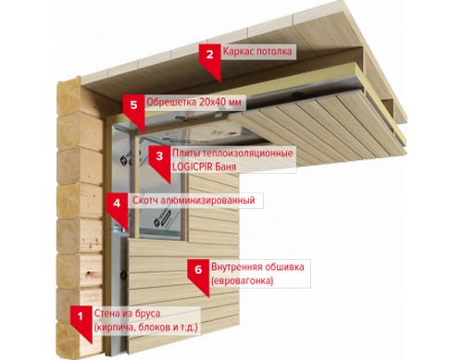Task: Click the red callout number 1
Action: [x=81, y=317]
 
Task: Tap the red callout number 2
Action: [x=210, y=55]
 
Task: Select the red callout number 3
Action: [x=159, y=155]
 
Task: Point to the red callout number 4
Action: [x=117, y=204]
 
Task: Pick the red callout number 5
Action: [x=133, y=105]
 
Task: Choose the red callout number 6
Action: [x=198, y=269]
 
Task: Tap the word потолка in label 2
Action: [x=274, y=51]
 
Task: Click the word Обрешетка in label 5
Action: [x=171, y=102]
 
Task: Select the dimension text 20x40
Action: [x=212, y=102]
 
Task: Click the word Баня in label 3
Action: [x=226, y=167]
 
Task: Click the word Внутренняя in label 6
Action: [x=236, y=267]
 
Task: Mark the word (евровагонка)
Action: [x=243, y=281]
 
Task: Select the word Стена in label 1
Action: [x=106, y=314]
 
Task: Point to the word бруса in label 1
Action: [x=147, y=314]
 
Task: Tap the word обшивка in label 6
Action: [x=284, y=267]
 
